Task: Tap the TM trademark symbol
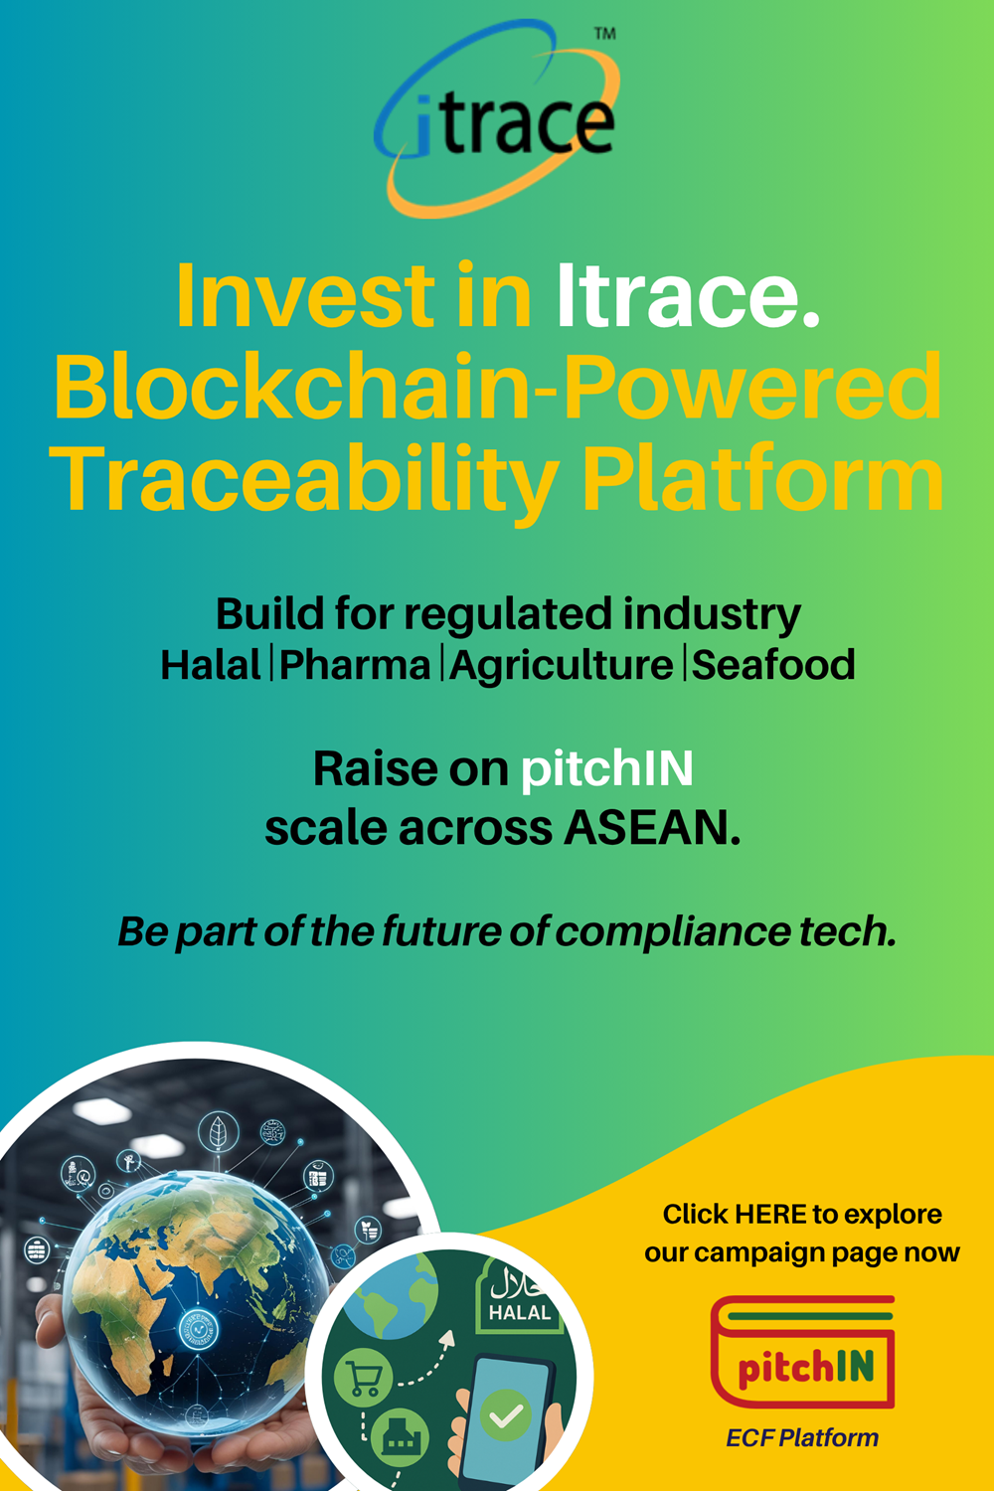coord(604,34)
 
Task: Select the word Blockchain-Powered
coord(498,387)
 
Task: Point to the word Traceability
coord(303,479)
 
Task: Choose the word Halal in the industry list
coord(211,665)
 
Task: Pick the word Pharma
coord(355,665)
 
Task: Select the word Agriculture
coord(562,666)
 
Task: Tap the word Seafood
coord(773,665)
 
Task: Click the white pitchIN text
coord(606,769)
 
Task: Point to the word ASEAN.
coord(652,828)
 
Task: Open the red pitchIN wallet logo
coord(803,1352)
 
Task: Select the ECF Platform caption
coord(802,1437)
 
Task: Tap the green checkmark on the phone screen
coord(505,1415)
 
